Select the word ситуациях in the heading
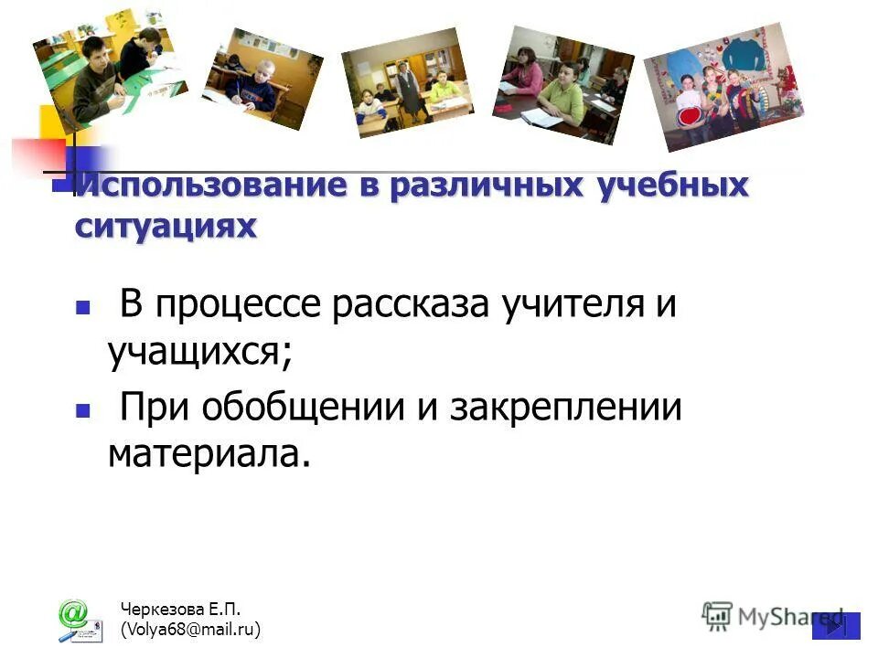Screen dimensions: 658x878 tap(166, 225)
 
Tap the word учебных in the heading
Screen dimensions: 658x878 tap(672, 186)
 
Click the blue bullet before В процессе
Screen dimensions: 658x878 tap(83, 309)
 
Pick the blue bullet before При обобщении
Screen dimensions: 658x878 tap(83, 411)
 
